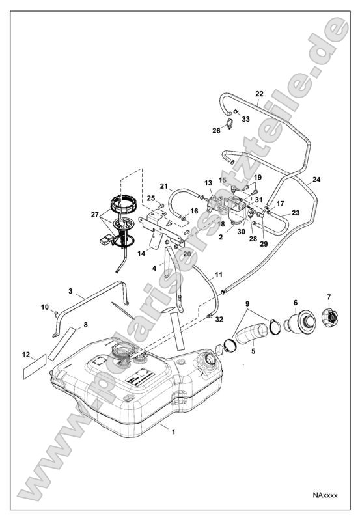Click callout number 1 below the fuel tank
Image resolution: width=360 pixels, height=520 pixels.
click(173, 431)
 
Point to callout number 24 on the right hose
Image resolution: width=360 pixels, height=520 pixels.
click(316, 179)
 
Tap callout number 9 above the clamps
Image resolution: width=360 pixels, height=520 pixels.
click(248, 304)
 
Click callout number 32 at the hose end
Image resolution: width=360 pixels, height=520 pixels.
click(219, 320)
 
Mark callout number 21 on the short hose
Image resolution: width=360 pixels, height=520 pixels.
click(164, 186)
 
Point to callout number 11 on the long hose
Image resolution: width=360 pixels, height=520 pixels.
click(219, 274)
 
